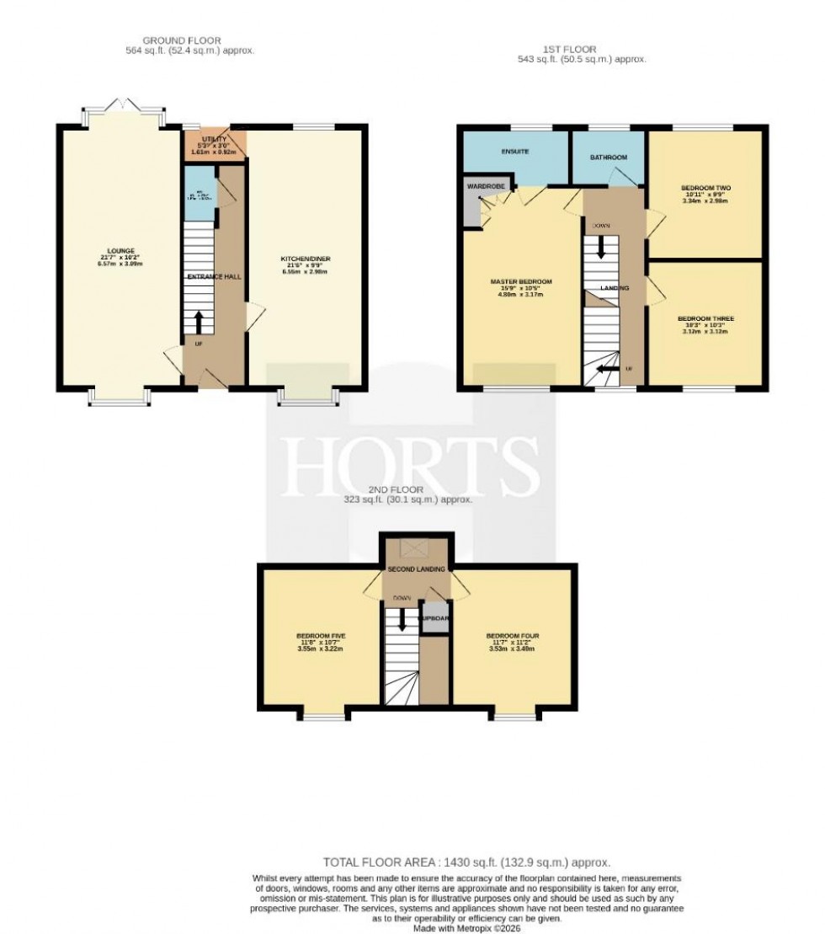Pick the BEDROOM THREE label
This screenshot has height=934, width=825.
tap(706, 319)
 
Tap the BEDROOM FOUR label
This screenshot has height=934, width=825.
tap(512, 635)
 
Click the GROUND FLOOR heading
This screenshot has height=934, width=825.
tap(181, 40)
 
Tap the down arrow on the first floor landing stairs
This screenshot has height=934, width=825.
tap(602, 246)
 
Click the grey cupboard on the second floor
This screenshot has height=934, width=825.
tap(434, 618)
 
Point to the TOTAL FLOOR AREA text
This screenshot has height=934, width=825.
tap(466, 862)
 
